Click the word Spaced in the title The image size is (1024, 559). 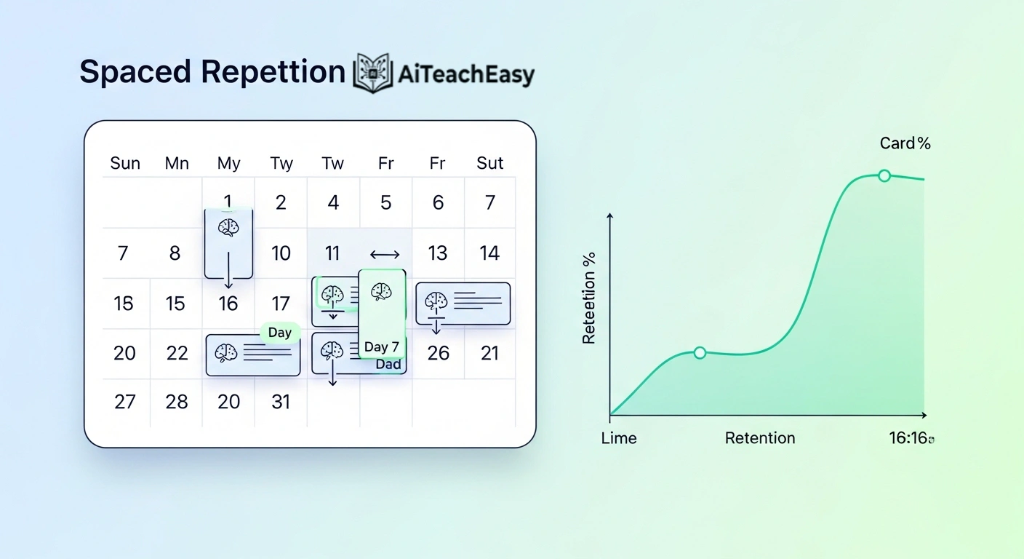pyautogui.click(x=135, y=72)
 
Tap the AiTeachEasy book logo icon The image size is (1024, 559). pyautogui.click(x=373, y=73)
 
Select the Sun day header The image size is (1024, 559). pyautogui.click(x=125, y=163)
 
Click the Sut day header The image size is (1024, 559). pyautogui.click(x=489, y=163)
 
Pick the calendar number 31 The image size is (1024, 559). pyautogui.click(x=281, y=402)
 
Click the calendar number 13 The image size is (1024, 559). pyautogui.click(x=437, y=253)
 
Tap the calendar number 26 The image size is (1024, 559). pyautogui.click(x=438, y=353)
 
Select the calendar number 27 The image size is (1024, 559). pyautogui.click(x=125, y=402)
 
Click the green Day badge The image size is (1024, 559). pyautogui.click(x=280, y=333)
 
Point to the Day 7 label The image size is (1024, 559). pyautogui.click(x=382, y=346)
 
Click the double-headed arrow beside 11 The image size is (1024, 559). pyautogui.click(x=385, y=254)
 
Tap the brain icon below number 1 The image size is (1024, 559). pyautogui.click(x=228, y=228)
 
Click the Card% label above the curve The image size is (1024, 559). pyautogui.click(x=905, y=143)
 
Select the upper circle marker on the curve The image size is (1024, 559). pyautogui.click(x=884, y=175)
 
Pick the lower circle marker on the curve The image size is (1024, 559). pyautogui.click(x=700, y=353)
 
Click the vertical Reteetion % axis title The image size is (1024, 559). pyautogui.click(x=589, y=298)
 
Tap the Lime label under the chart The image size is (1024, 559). pyautogui.click(x=619, y=438)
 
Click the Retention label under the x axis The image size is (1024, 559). pyautogui.click(x=760, y=438)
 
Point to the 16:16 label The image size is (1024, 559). pyautogui.click(x=911, y=438)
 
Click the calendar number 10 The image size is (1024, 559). pyautogui.click(x=281, y=253)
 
